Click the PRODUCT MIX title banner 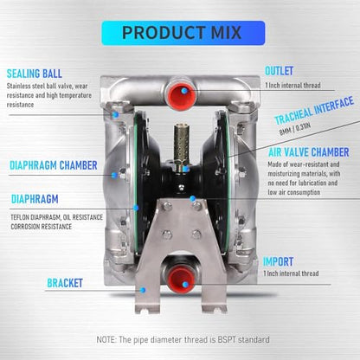pyautogui.click(x=183, y=33)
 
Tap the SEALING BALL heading pyautogui.click(x=35, y=74)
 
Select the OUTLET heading pyautogui.click(x=279, y=71)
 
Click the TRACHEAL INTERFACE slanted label pyautogui.click(x=314, y=111)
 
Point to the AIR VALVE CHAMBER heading pyautogui.click(x=309, y=152)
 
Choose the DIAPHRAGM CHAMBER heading pyautogui.click(x=54, y=165)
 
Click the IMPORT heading pyautogui.click(x=278, y=261)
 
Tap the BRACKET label pyautogui.click(x=65, y=283)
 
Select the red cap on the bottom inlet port pyautogui.click(x=181, y=279)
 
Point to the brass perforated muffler pyautogui.click(x=180, y=144)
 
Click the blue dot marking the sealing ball pyautogui.click(x=116, y=115)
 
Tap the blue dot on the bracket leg pyautogui.click(x=143, y=290)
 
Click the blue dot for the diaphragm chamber pyautogui.click(x=115, y=175)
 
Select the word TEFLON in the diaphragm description pyautogui.click(x=20, y=217)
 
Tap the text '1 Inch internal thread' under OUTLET pyautogui.click(x=292, y=86)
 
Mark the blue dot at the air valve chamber pyautogui.click(x=193, y=198)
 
